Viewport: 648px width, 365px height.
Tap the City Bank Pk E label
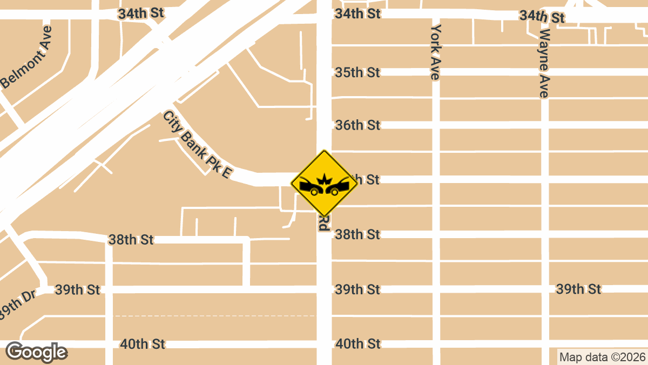click(198, 146)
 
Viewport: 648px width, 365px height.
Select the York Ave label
click(436, 52)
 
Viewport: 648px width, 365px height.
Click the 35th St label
click(357, 72)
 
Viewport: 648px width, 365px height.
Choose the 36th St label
click(357, 125)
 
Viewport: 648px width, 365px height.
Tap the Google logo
click(36, 352)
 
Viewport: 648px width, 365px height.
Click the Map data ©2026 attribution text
click(602, 357)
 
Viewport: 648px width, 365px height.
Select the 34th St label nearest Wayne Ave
click(542, 17)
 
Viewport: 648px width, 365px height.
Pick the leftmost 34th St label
click(141, 14)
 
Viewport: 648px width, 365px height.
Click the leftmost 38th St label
click(131, 240)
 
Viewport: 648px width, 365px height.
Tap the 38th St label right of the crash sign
click(357, 234)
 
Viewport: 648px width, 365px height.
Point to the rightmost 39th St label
click(578, 289)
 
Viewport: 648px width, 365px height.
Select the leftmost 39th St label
click(77, 290)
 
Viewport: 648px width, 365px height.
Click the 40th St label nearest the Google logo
click(143, 344)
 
